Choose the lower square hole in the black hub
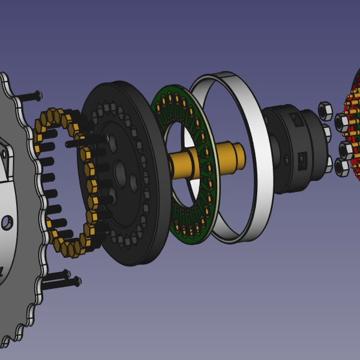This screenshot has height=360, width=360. point(302,159)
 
